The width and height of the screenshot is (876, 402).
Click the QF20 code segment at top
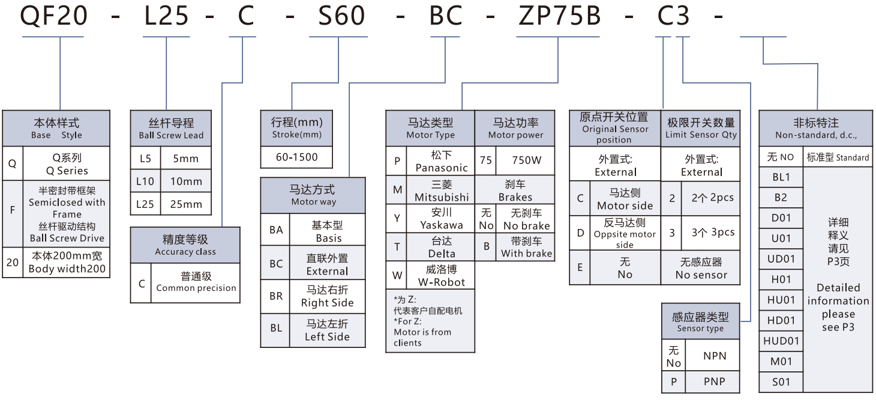[x=55, y=16]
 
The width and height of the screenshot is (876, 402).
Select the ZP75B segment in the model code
[x=559, y=16]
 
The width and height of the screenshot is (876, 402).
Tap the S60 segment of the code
[x=341, y=16]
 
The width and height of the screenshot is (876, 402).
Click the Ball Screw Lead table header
[x=171, y=128]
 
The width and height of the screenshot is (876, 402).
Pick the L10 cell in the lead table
[x=145, y=181]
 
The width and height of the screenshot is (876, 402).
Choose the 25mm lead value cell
[x=185, y=204]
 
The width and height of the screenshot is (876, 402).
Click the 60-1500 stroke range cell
[x=296, y=157]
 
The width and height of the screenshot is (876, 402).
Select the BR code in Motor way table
[x=275, y=296]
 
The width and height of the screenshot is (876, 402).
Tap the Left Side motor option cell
[x=327, y=330]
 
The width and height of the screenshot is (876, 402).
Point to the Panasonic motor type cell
[x=441, y=162]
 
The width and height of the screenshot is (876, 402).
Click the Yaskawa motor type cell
[x=441, y=219]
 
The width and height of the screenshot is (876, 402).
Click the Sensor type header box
[x=700, y=321]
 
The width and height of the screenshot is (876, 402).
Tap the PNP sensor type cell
[x=714, y=381]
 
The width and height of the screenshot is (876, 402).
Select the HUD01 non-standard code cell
[x=781, y=341]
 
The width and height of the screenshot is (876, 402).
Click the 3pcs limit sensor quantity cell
[x=711, y=233]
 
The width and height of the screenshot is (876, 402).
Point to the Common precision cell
[x=196, y=282]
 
